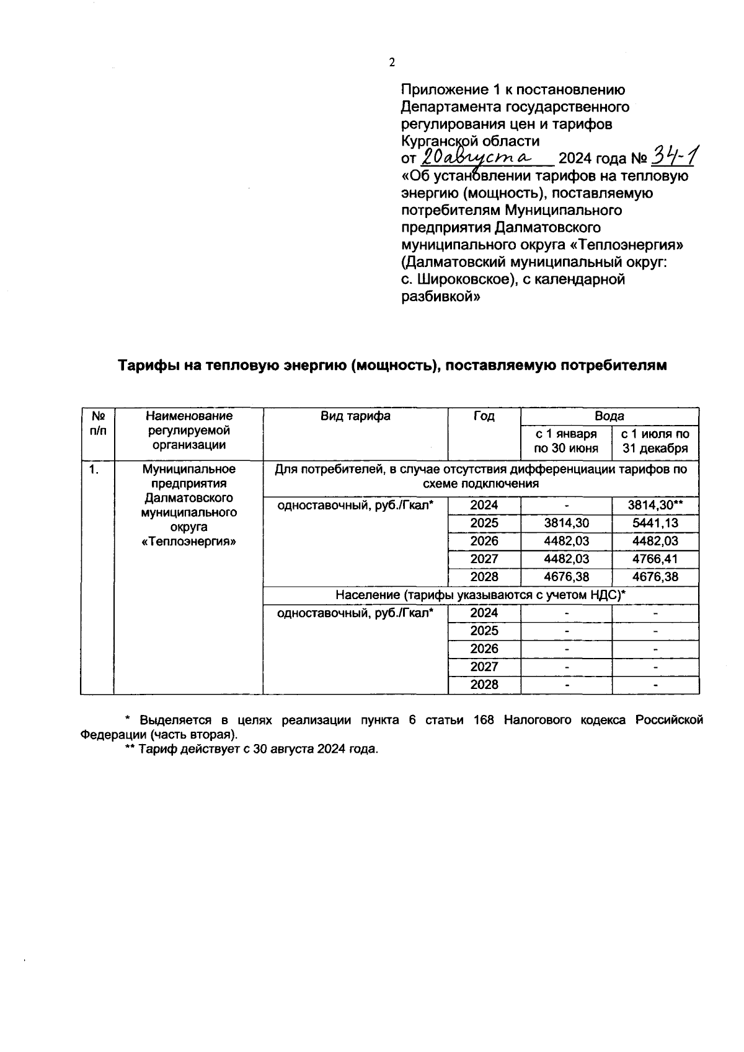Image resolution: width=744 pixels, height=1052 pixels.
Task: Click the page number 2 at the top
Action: (391, 63)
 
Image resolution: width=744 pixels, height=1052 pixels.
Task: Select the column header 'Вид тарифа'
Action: (355, 416)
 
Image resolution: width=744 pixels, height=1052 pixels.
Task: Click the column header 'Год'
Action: (484, 416)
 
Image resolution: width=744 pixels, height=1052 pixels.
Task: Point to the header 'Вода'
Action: (609, 416)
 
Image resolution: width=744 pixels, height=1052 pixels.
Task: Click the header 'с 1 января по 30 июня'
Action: (565, 441)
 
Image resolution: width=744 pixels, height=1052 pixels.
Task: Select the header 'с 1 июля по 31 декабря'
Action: (655, 441)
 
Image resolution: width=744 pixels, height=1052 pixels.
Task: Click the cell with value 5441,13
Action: (655, 523)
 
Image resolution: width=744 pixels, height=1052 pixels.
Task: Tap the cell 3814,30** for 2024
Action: (655, 505)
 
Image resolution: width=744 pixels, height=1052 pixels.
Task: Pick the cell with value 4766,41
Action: (655, 559)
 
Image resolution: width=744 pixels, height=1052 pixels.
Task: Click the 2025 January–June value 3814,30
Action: (566, 523)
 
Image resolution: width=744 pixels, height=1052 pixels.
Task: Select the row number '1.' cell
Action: (94, 470)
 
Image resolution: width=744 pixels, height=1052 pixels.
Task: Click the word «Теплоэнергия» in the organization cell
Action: (189, 541)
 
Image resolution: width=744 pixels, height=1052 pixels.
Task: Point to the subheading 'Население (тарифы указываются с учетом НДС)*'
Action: (480, 595)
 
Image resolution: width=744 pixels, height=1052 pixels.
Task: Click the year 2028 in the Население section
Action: (484, 685)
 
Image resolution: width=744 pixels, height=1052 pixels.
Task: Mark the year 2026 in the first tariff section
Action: (484, 541)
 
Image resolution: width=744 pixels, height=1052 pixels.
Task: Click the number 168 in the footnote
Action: (484, 720)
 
